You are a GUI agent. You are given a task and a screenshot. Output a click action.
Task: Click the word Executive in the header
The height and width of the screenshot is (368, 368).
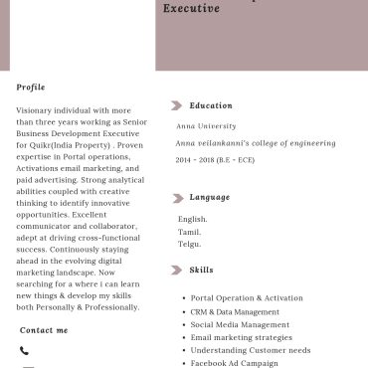click(x=191, y=8)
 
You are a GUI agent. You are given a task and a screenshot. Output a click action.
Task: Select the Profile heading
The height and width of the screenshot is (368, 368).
click(x=31, y=88)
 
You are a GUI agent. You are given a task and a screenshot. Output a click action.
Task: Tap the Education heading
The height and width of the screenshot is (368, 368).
click(x=211, y=105)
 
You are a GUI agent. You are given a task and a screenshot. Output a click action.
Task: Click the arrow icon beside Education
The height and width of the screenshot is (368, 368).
click(x=177, y=105)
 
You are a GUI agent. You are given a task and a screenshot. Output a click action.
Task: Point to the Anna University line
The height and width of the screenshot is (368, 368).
click(x=207, y=126)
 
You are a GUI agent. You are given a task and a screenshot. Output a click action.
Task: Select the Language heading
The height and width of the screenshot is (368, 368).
click(x=209, y=198)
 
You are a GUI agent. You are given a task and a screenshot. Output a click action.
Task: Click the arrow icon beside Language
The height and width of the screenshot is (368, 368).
click(x=177, y=198)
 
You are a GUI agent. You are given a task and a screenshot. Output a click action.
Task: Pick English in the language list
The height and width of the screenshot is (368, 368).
click(x=192, y=219)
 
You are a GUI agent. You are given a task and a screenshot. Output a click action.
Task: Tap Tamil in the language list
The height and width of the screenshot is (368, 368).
click(x=189, y=232)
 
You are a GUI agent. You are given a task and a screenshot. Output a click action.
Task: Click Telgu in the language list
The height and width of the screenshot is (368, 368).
click(x=189, y=244)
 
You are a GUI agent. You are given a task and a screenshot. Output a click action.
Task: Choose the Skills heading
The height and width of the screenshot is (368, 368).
click(x=201, y=270)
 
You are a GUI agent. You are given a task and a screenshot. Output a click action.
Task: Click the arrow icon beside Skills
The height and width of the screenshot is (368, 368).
click(x=177, y=270)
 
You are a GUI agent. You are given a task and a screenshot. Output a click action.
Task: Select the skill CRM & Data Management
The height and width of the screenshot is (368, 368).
click(x=235, y=311)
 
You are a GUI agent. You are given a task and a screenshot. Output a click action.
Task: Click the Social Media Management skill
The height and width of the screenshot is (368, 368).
click(x=240, y=324)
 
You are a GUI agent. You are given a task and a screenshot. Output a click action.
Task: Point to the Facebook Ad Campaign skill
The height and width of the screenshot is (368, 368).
click(x=234, y=363)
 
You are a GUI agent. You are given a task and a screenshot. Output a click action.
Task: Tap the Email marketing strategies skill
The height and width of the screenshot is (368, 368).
click(x=242, y=337)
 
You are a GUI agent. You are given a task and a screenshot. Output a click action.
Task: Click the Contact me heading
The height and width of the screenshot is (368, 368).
click(x=44, y=330)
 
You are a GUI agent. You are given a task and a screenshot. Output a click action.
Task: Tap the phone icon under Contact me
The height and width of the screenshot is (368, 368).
click(x=24, y=351)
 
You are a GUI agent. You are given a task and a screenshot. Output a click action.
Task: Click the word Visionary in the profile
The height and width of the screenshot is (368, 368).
click(x=36, y=110)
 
